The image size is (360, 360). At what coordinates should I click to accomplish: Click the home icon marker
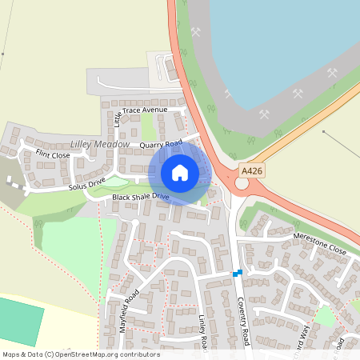click(180, 172)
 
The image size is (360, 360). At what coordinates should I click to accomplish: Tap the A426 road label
click(250, 171)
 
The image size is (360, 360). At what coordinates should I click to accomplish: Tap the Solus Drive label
click(87, 186)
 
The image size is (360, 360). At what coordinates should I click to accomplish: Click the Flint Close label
click(53, 154)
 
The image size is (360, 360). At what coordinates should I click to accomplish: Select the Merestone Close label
click(319, 250)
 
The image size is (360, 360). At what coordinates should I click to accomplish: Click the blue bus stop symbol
click(238, 274)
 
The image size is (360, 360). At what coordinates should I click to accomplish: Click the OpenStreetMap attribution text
click(80, 354)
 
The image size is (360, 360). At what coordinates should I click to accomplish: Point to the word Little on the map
click(118, 118)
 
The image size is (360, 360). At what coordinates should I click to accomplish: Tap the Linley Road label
click(203, 330)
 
